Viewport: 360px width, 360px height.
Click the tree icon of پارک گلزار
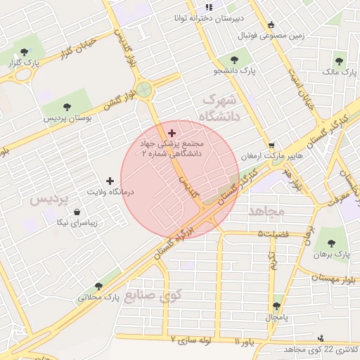point(25,51)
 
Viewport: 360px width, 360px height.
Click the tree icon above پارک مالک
point(340,61)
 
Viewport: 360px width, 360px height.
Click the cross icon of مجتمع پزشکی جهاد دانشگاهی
point(172,132)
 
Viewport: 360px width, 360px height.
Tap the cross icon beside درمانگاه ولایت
point(109,181)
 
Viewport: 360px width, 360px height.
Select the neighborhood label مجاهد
point(266,210)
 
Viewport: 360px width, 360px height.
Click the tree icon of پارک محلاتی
point(98,286)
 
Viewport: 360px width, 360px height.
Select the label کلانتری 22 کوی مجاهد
point(321,349)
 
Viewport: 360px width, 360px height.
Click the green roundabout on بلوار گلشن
point(145,89)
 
